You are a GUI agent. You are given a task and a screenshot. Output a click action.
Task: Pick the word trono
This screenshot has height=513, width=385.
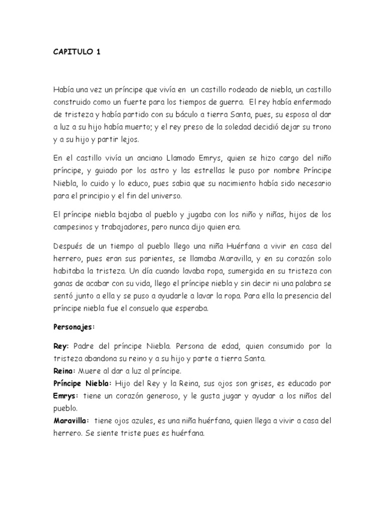tap(320, 127)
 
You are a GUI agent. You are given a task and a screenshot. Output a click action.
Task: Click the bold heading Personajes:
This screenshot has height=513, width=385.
tap(74, 328)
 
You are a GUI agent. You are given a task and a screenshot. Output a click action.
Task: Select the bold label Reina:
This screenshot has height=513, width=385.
tap(64, 371)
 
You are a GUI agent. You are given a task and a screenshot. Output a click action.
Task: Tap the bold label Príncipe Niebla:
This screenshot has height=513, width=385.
tap(84, 384)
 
